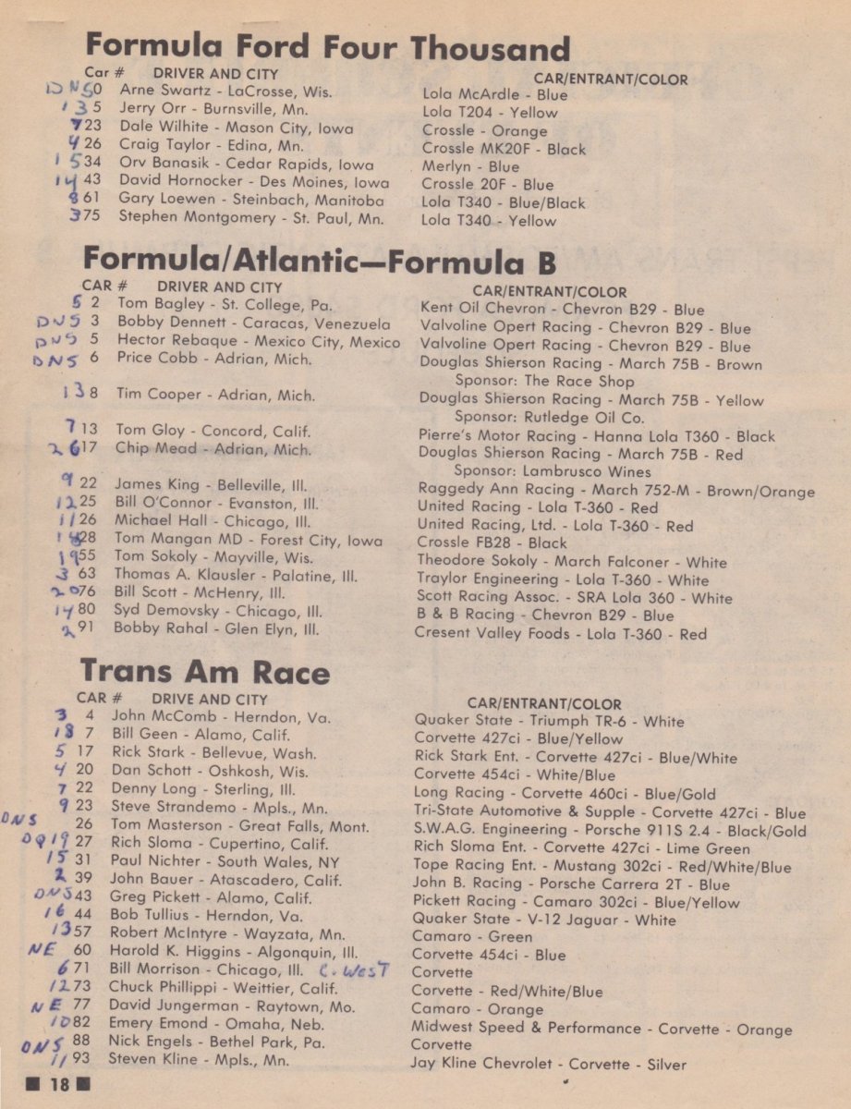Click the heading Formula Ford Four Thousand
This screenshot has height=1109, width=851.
point(327,47)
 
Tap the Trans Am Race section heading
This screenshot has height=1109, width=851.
point(204,670)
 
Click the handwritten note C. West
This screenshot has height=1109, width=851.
point(354,970)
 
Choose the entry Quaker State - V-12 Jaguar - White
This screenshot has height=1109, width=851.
point(543,919)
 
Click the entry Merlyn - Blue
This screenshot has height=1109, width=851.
point(471,166)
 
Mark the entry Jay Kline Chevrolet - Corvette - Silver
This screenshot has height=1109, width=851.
point(549,1064)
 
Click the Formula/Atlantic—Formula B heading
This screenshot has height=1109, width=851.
point(320,262)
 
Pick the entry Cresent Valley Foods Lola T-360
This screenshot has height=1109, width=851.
point(561,633)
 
